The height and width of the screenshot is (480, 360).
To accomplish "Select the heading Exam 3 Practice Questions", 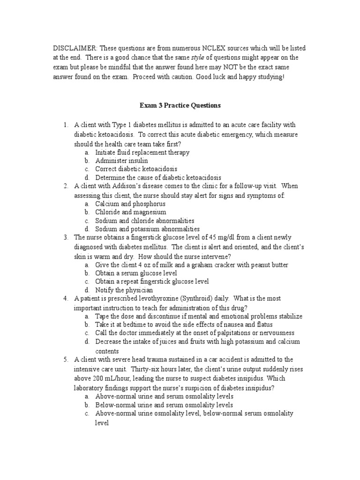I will (180, 105).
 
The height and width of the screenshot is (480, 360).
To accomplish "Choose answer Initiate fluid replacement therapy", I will (142, 152).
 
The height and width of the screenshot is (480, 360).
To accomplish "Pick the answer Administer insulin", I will (121, 161).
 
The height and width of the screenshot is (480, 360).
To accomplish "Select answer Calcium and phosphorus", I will (130, 204).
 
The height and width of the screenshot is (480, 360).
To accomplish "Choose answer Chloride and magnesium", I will (131, 212).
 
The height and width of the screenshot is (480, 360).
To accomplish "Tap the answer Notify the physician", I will (124, 290).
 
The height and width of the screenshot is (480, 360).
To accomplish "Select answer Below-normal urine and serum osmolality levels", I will (164, 405).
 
